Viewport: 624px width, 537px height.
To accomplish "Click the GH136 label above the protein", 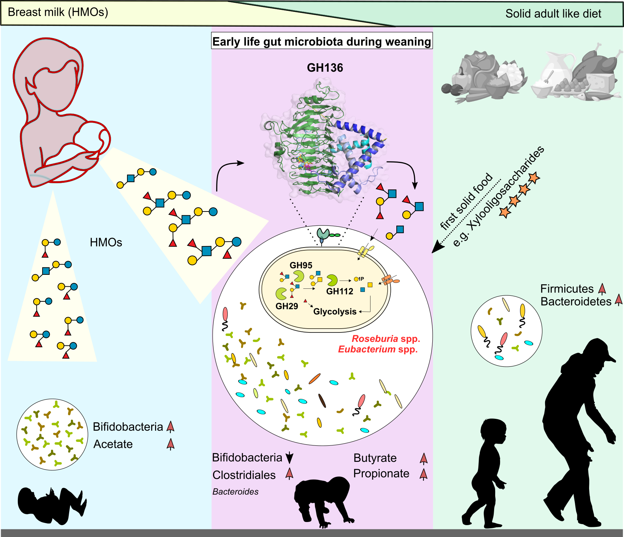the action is pyautogui.click(x=325, y=67).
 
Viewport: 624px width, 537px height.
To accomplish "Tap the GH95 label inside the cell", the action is pyautogui.click(x=301, y=265).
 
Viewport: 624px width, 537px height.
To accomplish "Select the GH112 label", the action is pyautogui.click(x=340, y=291).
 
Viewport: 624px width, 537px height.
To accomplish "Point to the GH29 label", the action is pyautogui.click(x=287, y=306).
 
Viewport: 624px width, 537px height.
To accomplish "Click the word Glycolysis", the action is pyautogui.click(x=335, y=312).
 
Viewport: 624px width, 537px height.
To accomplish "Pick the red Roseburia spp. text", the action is pyautogui.click(x=386, y=338).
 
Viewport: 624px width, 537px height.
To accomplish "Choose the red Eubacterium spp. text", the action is pyautogui.click(x=378, y=349).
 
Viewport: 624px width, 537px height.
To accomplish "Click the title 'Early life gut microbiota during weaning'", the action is pyautogui.click(x=322, y=42).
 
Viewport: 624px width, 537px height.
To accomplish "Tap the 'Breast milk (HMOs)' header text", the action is pyautogui.click(x=58, y=12).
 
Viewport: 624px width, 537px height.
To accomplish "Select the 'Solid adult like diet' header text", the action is pyautogui.click(x=553, y=14).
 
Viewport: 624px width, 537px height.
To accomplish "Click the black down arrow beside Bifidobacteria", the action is pyautogui.click(x=289, y=458).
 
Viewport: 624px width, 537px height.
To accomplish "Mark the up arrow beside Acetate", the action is pyautogui.click(x=170, y=444).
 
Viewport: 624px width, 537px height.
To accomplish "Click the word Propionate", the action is pyautogui.click(x=381, y=473).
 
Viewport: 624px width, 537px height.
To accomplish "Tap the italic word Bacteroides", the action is pyautogui.click(x=235, y=492).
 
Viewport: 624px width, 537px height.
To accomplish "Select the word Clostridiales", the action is pyautogui.click(x=244, y=475).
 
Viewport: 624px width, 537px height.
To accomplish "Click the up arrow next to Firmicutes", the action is pyautogui.click(x=602, y=289).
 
